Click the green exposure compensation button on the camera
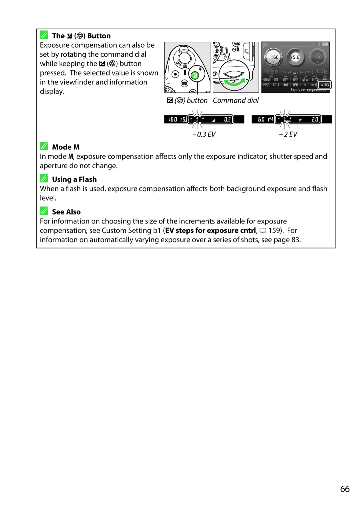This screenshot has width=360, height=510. (x=195, y=75)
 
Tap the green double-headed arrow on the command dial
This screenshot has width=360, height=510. (x=235, y=82)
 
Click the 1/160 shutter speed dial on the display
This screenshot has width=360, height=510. (x=273, y=57)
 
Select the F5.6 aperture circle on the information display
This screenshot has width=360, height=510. (x=295, y=57)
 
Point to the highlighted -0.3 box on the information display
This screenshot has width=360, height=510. (x=324, y=85)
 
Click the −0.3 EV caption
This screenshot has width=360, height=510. (x=204, y=134)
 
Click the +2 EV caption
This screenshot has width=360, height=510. (x=288, y=134)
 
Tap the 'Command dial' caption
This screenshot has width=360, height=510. (x=236, y=100)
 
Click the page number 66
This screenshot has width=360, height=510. (x=345, y=489)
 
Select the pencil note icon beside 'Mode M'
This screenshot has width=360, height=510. (x=44, y=146)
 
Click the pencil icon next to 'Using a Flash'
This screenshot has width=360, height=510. (x=44, y=178)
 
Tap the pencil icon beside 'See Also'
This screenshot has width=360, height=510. (x=44, y=211)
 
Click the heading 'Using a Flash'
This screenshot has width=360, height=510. (x=74, y=179)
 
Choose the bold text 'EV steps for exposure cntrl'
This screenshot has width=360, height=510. (x=211, y=230)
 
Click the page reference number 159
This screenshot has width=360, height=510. (x=274, y=230)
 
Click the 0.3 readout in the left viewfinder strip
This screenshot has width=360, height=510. (x=227, y=119)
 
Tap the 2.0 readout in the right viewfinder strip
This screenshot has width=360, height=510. (x=315, y=119)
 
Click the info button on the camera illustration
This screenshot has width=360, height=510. (x=184, y=83)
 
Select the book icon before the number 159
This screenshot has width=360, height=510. (x=263, y=230)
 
